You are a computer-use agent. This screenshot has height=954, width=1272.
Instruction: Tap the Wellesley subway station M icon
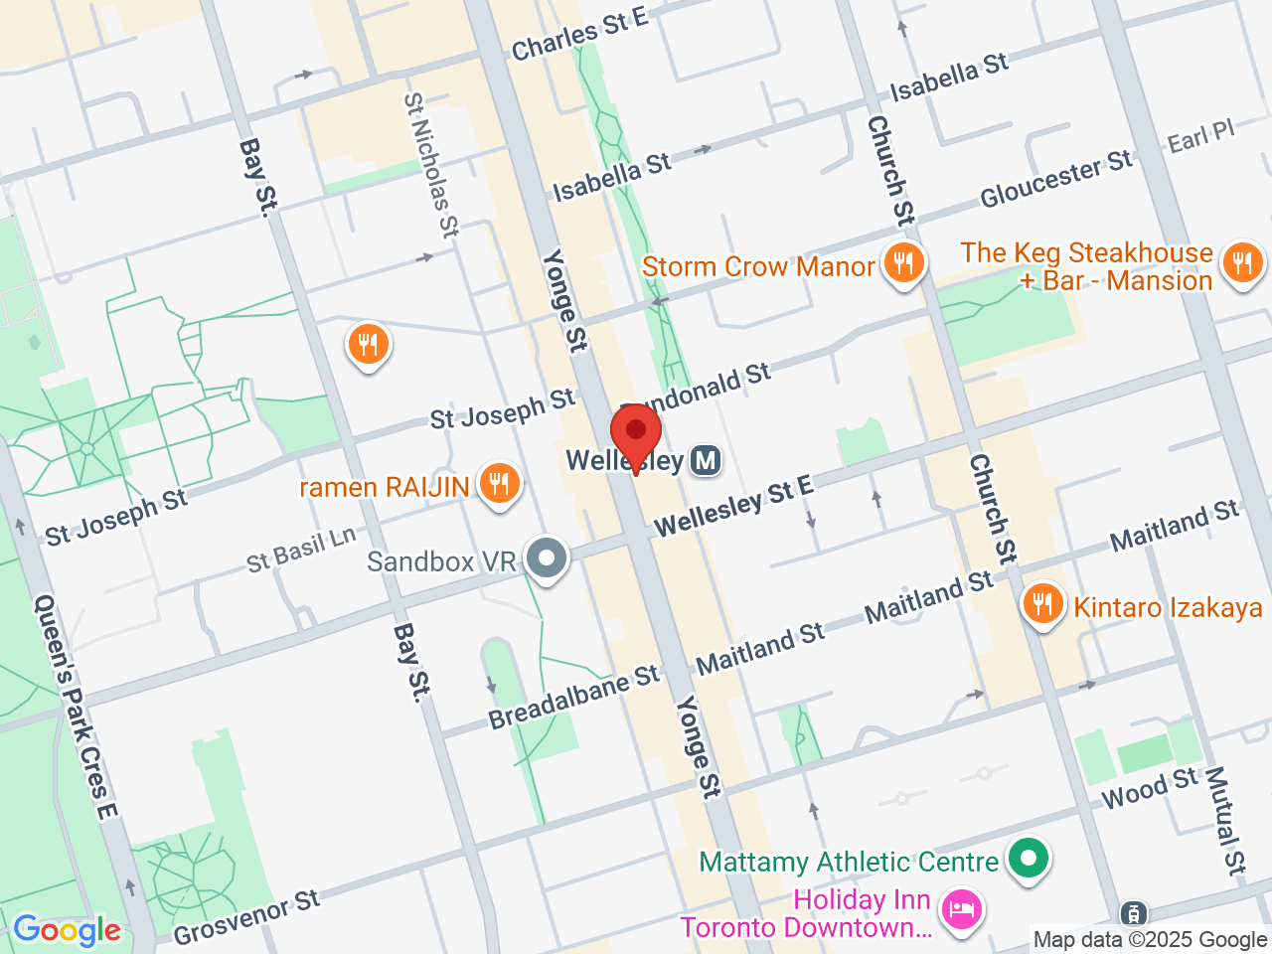(x=706, y=461)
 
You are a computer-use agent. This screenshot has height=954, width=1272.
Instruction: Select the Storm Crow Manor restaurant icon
(x=903, y=264)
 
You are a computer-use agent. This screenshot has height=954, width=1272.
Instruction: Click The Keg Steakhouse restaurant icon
(x=1242, y=264)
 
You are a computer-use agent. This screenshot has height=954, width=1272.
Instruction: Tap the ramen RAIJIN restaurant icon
(x=499, y=485)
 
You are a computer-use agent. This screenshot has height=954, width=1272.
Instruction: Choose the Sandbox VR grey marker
(x=547, y=558)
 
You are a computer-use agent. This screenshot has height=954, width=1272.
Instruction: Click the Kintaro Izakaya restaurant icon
(x=1042, y=604)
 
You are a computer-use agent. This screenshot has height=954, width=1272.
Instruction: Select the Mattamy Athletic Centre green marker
(x=1029, y=859)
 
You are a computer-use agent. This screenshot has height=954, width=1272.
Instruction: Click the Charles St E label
(x=579, y=33)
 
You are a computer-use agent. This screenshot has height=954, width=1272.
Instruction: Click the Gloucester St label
(x=1055, y=179)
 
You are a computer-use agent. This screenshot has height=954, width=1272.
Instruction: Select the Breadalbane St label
(x=573, y=696)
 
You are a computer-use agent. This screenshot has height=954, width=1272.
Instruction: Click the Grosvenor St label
(x=246, y=917)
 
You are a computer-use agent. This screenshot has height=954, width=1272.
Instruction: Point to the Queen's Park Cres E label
(x=76, y=707)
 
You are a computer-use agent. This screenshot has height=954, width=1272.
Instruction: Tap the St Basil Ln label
(x=301, y=550)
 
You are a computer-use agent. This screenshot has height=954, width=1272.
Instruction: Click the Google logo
(x=67, y=930)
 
